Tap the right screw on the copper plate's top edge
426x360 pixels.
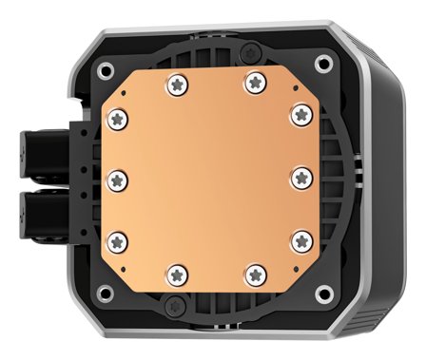[x=253, y=83]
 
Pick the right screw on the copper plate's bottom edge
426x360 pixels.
[x=253, y=274]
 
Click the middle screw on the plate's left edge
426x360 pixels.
[x=118, y=178]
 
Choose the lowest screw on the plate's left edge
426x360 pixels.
[x=119, y=238]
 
